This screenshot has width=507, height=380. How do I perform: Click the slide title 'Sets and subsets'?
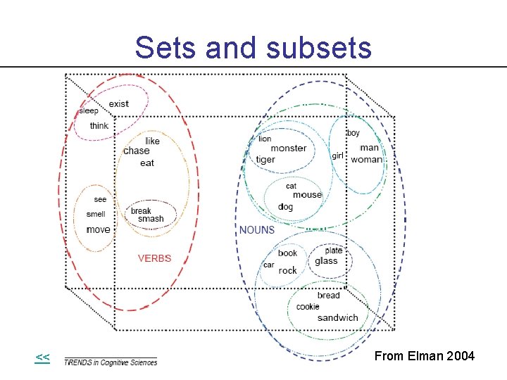point(253,48)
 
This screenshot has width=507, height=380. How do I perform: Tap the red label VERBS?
point(154,258)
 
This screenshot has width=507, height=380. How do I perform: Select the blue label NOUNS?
point(257,230)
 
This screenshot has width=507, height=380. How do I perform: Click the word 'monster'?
point(289,148)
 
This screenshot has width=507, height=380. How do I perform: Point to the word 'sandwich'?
point(337,318)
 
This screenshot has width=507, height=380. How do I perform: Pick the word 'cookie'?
point(308,307)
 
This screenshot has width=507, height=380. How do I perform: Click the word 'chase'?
point(136,151)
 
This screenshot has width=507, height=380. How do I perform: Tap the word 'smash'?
point(151,219)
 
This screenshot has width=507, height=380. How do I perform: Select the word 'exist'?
point(119,104)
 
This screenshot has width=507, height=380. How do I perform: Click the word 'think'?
point(99,126)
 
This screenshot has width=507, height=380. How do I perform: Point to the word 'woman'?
point(366,160)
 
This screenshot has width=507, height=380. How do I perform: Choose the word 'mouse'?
point(307,195)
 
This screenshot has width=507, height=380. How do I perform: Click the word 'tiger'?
point(265,160)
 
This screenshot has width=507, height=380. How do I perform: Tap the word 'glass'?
point(326,261)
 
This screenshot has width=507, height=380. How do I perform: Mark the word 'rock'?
point(288,271)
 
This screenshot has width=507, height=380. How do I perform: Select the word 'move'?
point(98,230)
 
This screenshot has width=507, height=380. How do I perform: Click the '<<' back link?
point(42,357)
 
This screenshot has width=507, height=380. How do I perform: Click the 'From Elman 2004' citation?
point(425,357)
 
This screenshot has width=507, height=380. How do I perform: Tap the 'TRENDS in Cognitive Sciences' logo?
point(111,362)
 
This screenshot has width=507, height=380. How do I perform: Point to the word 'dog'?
point(285,207)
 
